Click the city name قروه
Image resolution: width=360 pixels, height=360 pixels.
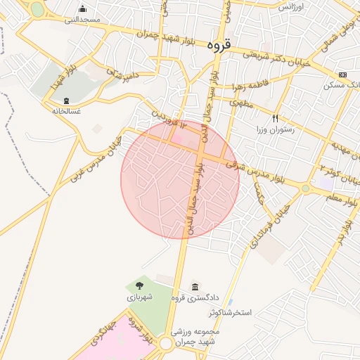point(219,44)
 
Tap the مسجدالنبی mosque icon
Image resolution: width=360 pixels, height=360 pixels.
point(83,8)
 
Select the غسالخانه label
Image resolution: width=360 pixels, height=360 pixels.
point(65,111)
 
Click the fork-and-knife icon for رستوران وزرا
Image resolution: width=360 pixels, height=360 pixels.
point(276,118)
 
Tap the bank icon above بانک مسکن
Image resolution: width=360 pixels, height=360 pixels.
point(342,75)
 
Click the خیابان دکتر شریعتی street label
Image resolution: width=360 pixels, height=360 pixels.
point(278,58)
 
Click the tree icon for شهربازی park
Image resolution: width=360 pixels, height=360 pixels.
point(139,285)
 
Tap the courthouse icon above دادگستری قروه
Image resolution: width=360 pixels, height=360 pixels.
point(195,287)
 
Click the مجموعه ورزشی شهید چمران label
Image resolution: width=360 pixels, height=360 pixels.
point(195,335)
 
